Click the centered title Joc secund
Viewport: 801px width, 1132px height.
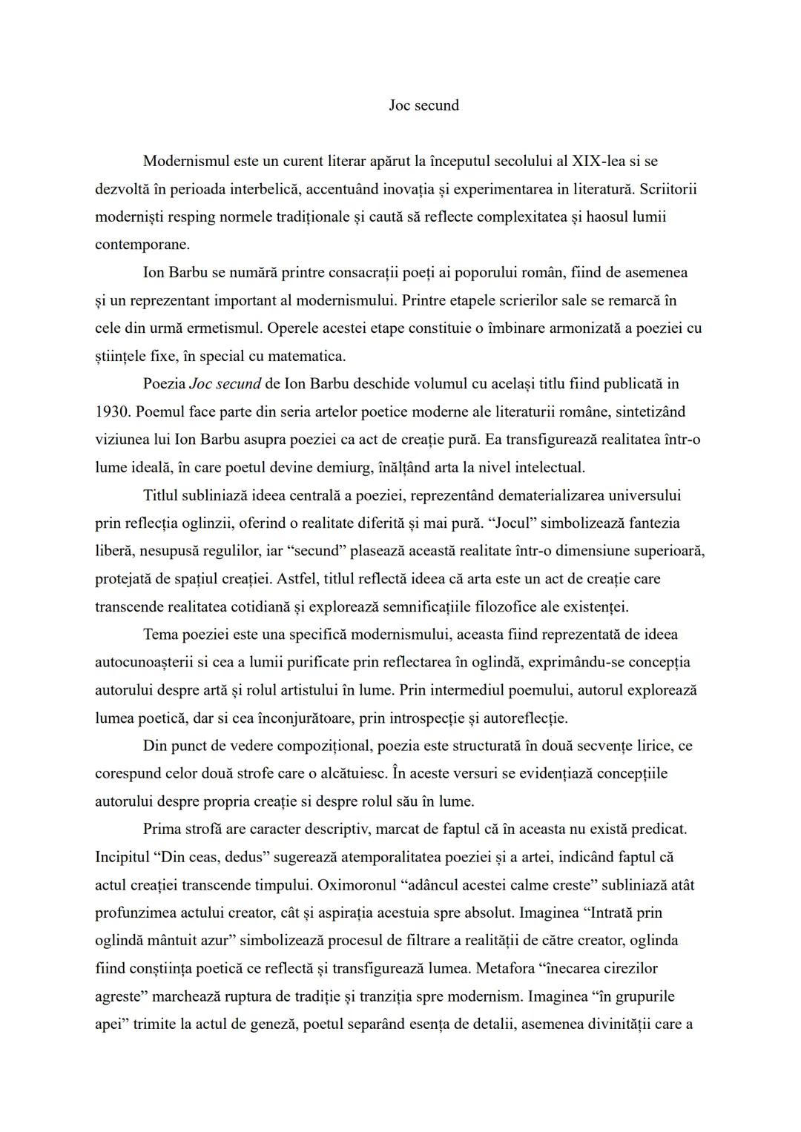pyautogui.click(x=423, y=105)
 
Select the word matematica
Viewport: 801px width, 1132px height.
pyautogui.click(x=306, y=357)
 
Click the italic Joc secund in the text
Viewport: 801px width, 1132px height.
pyautogui.click(x=225, y=384)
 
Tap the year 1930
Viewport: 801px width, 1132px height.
pyautogui.click(x=112, y=412)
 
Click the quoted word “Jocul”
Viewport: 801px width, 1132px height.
pyautogui.click(x=512, y=523)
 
